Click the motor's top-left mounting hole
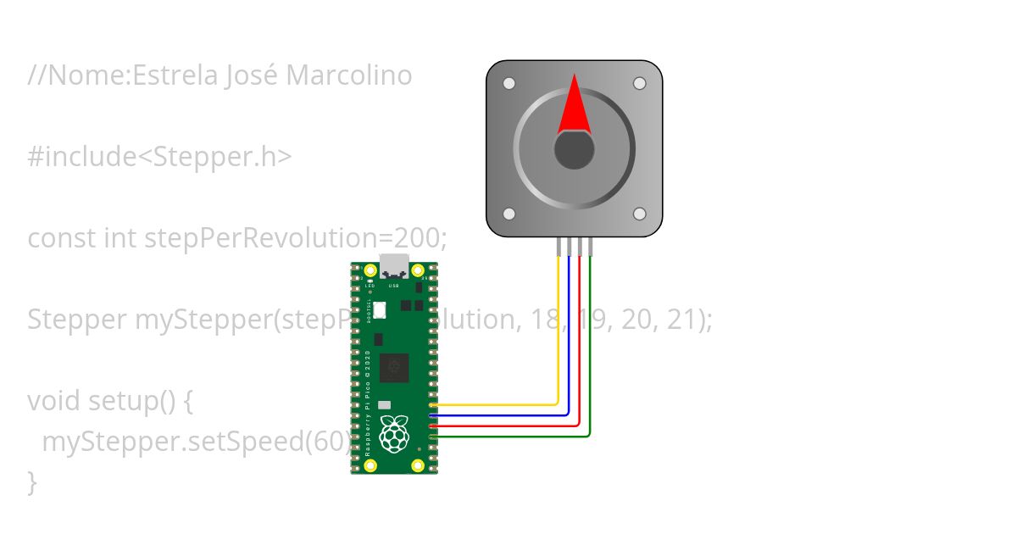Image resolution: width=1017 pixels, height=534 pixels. [509, 84]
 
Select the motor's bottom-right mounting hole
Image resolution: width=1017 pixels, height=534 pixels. [639, 214]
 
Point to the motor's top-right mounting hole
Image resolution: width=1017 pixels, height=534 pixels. [639, 84]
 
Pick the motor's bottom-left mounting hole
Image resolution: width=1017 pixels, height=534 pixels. [509, 214]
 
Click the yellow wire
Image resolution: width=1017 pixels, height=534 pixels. [557, 339]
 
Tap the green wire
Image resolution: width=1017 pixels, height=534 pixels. [590, 356]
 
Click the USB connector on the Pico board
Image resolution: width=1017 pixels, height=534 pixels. [394, 266]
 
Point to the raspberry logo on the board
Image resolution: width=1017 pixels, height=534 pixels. [393, 433]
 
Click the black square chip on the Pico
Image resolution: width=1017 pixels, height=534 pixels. [394, 368]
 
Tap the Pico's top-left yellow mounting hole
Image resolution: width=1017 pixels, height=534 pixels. [370, 271]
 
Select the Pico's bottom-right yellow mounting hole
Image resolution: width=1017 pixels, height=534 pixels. [418, 465]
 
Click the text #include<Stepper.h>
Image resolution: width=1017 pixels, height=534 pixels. [160, 157]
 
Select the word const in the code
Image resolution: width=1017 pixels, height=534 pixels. [62, 238]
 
